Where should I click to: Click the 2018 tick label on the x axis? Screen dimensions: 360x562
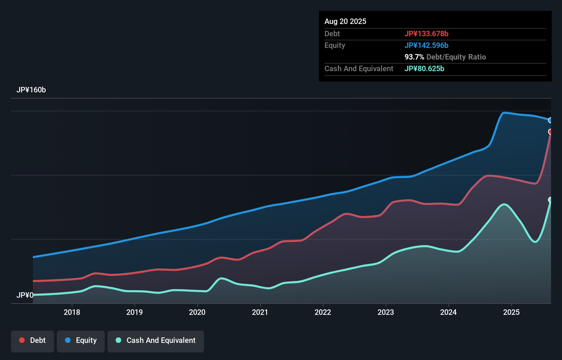(72, 312)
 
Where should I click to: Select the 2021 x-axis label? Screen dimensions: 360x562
(260, 312)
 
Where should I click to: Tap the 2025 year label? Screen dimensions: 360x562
(511, 312)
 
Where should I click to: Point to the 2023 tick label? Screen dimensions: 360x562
(386, 312)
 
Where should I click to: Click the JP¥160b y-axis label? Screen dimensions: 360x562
(31, 90)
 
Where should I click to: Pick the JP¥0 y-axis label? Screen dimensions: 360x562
(25, 295)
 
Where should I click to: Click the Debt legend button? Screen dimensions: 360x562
(33, 340)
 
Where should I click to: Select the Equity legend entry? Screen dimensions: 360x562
(81, 340)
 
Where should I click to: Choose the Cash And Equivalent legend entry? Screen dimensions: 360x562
(156, 340)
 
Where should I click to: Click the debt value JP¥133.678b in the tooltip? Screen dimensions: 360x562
(426, 34)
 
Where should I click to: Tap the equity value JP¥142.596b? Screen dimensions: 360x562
(426, 46)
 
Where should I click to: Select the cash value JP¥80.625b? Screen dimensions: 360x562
(424, 69)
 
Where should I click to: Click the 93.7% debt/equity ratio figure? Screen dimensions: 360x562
(414, 57)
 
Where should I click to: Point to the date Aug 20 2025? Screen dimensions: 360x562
(345, 22)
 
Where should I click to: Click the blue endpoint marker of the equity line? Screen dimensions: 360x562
(550, 120)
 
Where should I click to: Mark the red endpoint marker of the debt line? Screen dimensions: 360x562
(550, 132)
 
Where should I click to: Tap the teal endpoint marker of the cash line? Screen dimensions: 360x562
(550, 200)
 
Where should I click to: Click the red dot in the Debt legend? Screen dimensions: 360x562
(22, 340)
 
